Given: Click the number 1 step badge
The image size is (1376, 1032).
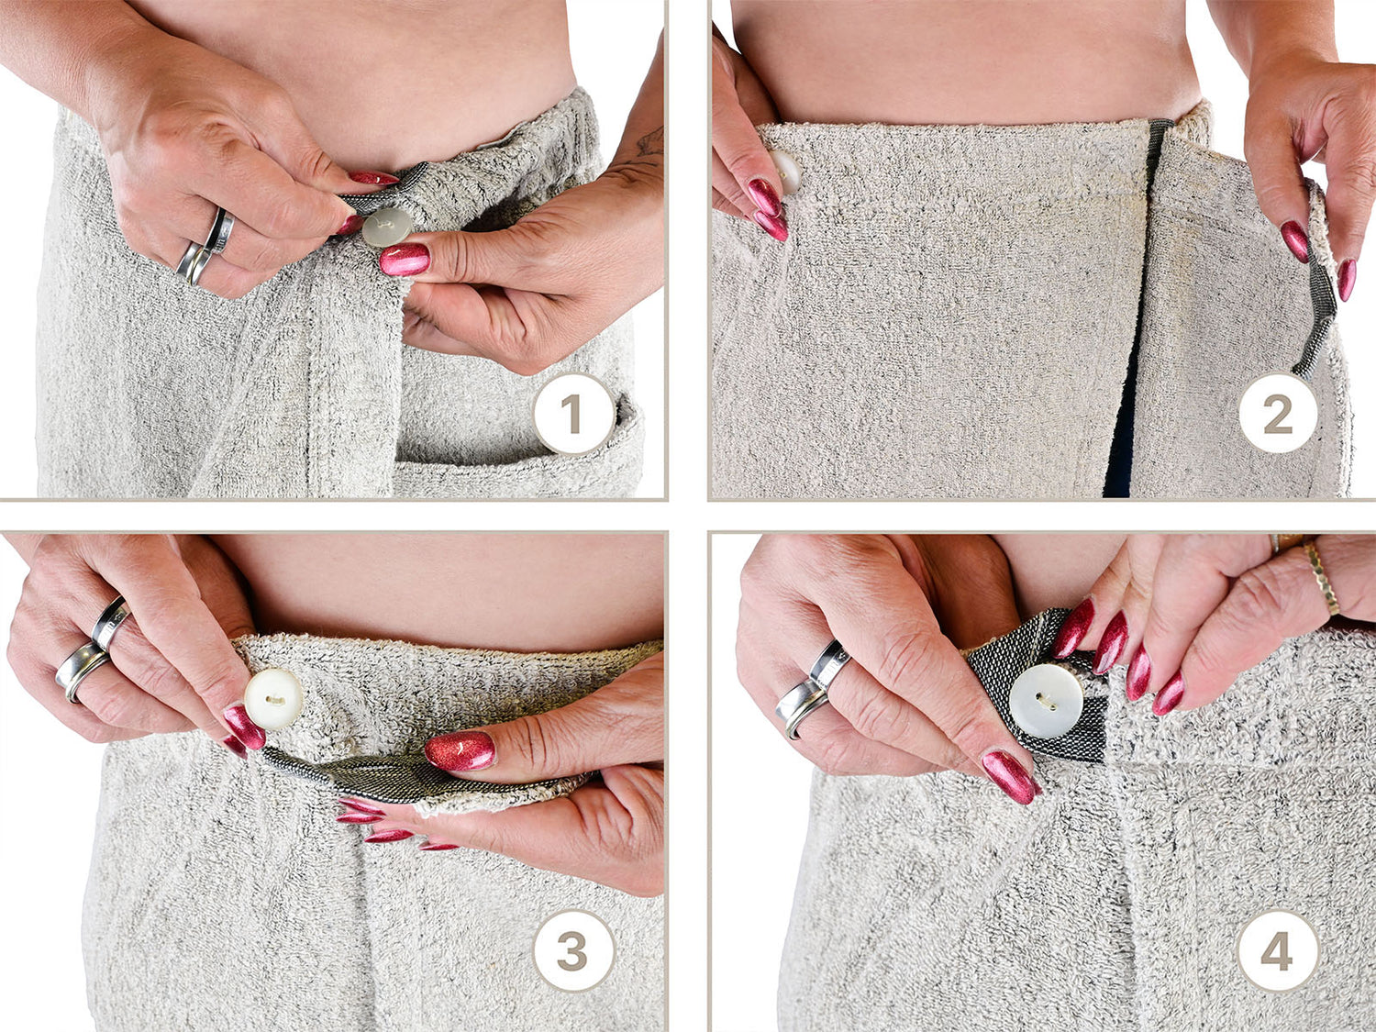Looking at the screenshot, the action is pos(573,414).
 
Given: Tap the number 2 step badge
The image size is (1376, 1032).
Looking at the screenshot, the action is pos(1278,414).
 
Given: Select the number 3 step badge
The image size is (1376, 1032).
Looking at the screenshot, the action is pos(573,950).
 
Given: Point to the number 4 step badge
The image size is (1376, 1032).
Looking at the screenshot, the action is pos(1278,950).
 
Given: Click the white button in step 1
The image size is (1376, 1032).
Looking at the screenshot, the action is pos(387,227).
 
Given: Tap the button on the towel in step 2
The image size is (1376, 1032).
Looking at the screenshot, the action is pos(786,171).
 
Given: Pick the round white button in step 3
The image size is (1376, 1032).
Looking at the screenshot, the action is pos(273,699).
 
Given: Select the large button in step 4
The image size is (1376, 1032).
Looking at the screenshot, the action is pos(1047,701).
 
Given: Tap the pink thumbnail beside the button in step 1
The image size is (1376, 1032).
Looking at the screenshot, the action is pos(405,260).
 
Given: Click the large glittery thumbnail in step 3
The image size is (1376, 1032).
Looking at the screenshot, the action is pos(461,750).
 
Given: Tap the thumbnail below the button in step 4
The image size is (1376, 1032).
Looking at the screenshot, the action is pos(1009,777).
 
